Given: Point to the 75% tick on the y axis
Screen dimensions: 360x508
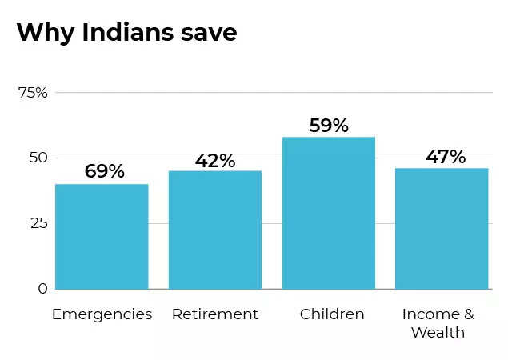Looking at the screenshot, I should (33, 93).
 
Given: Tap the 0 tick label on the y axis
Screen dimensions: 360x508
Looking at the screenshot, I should (42, 289).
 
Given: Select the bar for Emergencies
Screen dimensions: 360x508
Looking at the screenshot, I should (102, 237).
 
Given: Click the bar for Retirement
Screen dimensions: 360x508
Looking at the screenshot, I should (215, 230).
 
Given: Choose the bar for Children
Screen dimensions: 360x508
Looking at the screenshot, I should (328, 213).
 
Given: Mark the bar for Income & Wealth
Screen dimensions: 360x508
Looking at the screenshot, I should (442, 229).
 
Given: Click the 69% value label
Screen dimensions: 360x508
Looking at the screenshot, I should (104, 171).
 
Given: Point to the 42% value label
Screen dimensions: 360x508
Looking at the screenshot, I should (215, 161).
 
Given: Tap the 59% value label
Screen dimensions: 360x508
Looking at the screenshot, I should (329, 126).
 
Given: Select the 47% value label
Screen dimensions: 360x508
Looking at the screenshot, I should (446, 157).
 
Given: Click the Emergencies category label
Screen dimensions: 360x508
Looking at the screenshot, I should (102, 314).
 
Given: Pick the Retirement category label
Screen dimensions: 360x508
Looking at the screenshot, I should (215, 314).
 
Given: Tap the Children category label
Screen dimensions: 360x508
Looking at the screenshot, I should (332, 314).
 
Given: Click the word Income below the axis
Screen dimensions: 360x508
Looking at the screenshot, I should (430, 314).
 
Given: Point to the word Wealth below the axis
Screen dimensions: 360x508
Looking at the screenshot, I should (438, 332).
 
